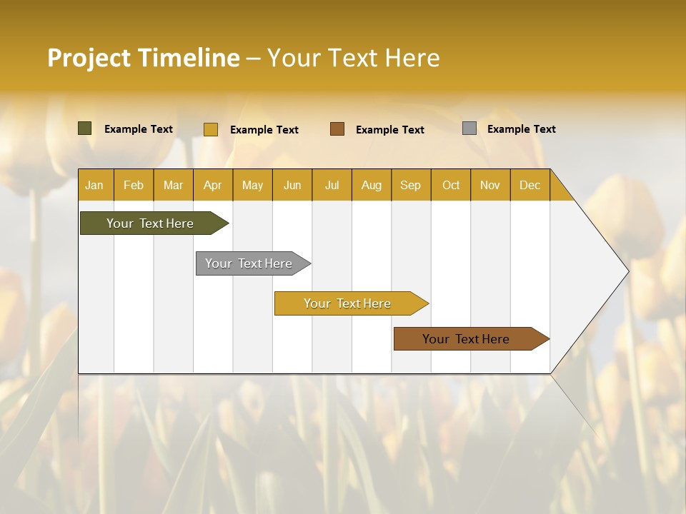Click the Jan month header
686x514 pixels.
coord(94,185)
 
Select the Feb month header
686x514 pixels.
coord(134,185)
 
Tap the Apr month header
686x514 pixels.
coord(213,185)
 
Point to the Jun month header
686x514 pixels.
coord(292,185)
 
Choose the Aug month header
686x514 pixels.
coord(372,185)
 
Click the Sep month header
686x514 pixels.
coord(411,185)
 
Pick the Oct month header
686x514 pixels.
coord(451,185)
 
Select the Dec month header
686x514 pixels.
coord(530,185)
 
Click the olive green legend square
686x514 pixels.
coord(85,128)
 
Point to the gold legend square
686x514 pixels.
coord(211,129)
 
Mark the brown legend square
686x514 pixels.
coord(337,129)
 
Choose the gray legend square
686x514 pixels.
coord(469,128)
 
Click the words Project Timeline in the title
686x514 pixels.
coord(143,58)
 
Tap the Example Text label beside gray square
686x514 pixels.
coord(521,129)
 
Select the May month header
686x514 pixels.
coord(252,185)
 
